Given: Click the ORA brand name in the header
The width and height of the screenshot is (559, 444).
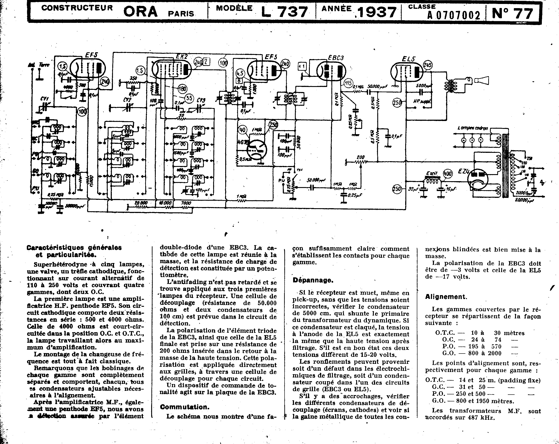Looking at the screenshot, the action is point(140,12).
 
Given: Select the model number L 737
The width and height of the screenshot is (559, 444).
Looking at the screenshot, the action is point(284,12).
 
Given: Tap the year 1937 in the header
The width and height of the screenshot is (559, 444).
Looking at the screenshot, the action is point(377,12).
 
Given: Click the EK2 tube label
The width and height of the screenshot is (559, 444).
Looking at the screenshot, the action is point(181,56).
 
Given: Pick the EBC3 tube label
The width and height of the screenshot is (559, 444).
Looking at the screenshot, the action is point(336,58).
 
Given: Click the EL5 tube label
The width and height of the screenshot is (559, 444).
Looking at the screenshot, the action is point(409,59).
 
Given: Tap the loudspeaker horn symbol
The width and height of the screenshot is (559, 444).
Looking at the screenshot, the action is point(482,81).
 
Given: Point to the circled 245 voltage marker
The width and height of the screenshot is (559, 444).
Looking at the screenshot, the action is point(428,65).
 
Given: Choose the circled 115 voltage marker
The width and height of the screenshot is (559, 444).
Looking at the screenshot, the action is point(348,83).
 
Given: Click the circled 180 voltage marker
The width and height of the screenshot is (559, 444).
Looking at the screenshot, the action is point(182,89).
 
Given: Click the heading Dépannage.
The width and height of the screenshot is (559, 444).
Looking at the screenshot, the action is point(313,280).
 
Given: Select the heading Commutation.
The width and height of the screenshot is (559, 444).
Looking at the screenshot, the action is point(184,407).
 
